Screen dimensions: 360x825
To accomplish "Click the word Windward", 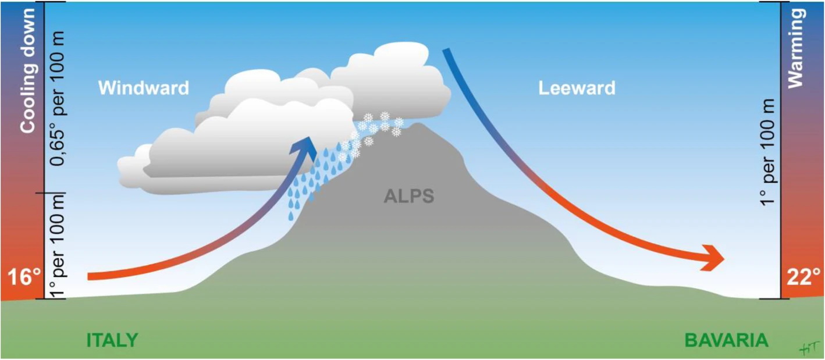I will (x=143, y=88).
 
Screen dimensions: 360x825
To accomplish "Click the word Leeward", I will (x=577, y=88).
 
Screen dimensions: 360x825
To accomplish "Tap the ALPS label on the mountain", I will (x=408, y=197).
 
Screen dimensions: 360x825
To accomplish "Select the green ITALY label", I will (x=112, y=340).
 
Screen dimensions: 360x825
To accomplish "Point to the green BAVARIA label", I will (x=726, y=340).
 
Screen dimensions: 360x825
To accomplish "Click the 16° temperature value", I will (x=21, y=277).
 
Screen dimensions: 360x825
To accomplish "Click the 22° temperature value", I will (x=804, y=277).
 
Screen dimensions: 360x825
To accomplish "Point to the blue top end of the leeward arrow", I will (x=447, y=51).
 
